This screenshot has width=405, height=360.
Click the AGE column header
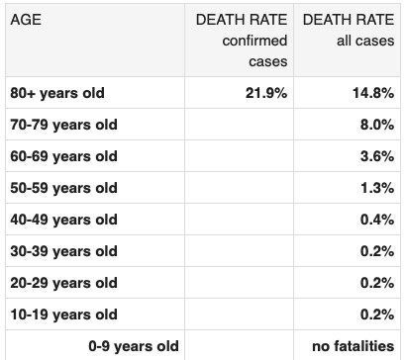tap(26, 20)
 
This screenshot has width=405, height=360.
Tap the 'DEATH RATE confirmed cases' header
tap(242, 41)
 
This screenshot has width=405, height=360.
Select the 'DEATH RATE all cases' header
tap(349, 30)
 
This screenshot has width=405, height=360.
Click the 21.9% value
tap(266, 93)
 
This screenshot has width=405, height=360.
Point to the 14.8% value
tap(373, 93)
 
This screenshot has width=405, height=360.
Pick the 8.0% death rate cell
tap(377, 125)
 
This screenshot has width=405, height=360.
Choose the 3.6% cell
tap(377, 156)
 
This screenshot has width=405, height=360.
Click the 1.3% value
tap(377, 188)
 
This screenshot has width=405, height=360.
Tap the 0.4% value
tap(377, 220)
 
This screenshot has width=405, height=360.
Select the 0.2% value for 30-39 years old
tap(377, 251)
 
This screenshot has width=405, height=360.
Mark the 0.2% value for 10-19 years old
tap(377, 315)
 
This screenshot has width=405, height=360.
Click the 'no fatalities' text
tap(354, 346)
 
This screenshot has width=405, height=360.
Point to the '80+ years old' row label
tap(57, 93)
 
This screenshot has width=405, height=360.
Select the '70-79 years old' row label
tap(63, 125)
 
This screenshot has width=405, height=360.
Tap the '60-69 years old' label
tap(63, 156)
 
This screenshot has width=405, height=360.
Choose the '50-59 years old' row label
tap(63, 188)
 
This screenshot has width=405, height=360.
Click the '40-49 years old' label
tap(63, 220)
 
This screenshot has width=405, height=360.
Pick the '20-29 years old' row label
tap(63, 283)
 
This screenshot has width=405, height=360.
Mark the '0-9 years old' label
tap(134, 346)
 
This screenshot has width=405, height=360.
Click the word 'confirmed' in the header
tap(254, 41)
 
